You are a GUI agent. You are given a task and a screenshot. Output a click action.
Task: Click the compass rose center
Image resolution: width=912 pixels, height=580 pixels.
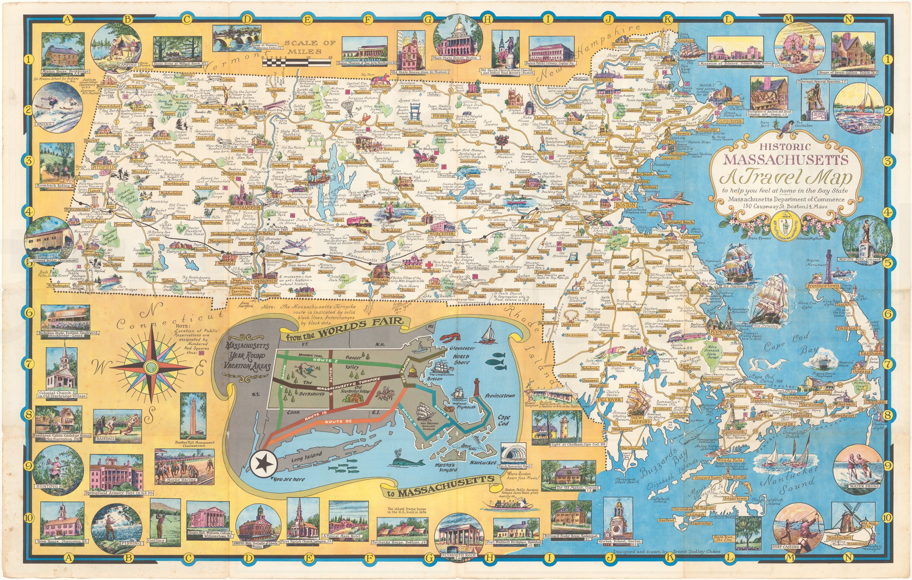(151, 367)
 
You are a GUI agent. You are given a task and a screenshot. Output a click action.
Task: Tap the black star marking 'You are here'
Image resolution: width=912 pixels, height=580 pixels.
(263, 463)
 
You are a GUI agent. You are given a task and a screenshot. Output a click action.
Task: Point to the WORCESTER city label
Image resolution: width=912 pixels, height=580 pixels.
(442, 234)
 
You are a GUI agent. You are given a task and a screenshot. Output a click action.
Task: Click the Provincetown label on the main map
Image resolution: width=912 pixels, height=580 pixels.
(823, 286)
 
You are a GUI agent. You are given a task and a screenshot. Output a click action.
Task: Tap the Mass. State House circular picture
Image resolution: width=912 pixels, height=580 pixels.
(458, 40)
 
